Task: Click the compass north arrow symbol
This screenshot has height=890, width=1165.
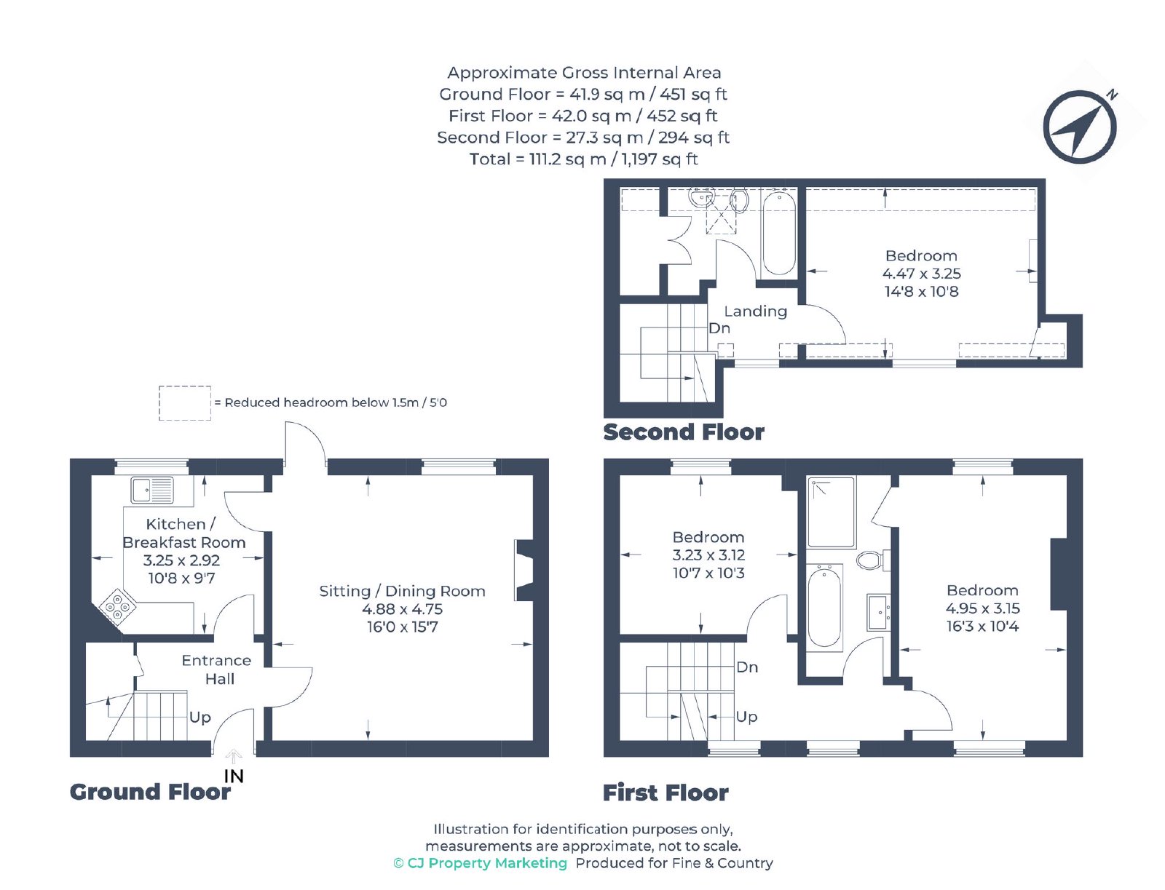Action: pyautogui.click(x=1079, y=127)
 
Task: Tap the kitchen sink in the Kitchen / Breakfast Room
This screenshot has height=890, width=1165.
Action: pyautogui.click(x=151, y=490)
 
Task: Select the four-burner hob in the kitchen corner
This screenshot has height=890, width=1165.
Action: pyautogui.click(x=116, y=606)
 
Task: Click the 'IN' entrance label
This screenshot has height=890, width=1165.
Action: pyautogui.click(x=234, y=776)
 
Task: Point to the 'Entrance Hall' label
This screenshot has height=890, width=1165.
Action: pyautogui.click(x=216, y=670)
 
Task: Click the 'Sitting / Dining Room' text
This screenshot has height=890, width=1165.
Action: pyautogui.click(x=402, y=591)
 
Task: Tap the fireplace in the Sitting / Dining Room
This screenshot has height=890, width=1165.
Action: pyautogui.click(x=524, y=571)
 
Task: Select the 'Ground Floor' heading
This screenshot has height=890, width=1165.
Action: pyautogui.click(x=150, y=792)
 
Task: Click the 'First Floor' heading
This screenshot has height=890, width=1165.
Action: pyautogui.click(x=666, y=793)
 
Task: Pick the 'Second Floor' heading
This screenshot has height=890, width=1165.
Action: pyautogui.click(x=684, y=432)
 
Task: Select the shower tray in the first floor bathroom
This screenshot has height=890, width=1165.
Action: pyautogui.click(x=832, y=512)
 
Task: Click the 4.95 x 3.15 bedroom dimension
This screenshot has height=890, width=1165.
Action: pyautogui.click(x=982, y=608)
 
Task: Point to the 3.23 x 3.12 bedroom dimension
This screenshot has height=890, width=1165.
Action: pyautogui.click(x=708, y=555)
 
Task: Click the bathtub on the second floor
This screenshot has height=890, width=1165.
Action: pyautogui.click(x=778, y=234)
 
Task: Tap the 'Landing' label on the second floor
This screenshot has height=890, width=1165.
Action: pyautogui.click(x=755, y=311)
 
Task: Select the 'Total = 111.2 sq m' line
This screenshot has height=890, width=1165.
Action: pyautogui.click(x=583, y=159)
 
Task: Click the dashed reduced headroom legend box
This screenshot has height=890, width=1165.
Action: pyautogui.click(x=185, y=403)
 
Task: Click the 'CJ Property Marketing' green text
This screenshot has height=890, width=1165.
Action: pyautogui.click(x=486, y=864)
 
